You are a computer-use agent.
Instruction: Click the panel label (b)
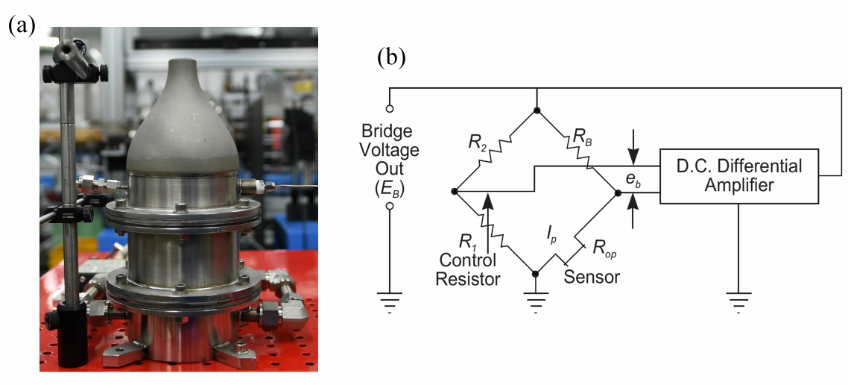click(390, 58)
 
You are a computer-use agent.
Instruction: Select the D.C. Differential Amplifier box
click(738, 176)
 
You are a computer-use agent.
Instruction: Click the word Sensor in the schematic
click(592, 277)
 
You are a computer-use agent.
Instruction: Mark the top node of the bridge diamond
click(537, 110)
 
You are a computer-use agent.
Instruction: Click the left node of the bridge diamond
click(454, 192)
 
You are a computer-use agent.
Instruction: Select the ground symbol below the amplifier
click(738, 301)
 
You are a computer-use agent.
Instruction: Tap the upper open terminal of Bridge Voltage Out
click(389, 108)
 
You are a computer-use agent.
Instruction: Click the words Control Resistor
click(469, 269)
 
